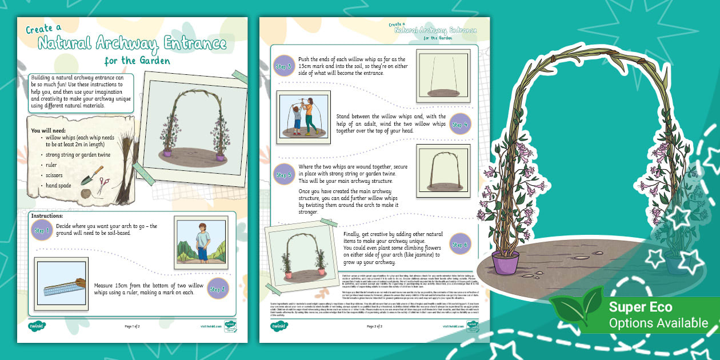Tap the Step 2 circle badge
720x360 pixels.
(x=218, y=289)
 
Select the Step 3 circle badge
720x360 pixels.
(x=284, y=66)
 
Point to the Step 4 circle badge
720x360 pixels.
(x=460, y=124)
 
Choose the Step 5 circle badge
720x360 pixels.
(x=284, y=175)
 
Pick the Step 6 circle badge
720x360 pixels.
(x=460, y=244)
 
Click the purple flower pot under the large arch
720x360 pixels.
(x=506, y=263)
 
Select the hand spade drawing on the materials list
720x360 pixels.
(x=90, y=175)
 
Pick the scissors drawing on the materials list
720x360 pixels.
(x=103, y=185)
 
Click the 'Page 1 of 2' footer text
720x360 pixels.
(x=136, y=326)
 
